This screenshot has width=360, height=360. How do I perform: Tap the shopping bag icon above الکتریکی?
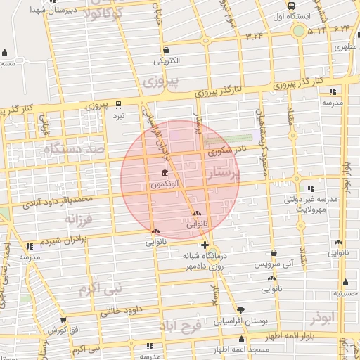coord(167,51)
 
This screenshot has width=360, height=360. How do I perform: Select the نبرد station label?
coord(119,115)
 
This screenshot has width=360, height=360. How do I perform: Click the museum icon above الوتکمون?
coord(164,174)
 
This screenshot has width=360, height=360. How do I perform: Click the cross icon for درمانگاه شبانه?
coord(205,245)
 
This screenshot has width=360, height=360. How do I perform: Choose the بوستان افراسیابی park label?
coord(241,321)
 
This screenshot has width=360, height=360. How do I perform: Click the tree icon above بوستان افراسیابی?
coord(241,309)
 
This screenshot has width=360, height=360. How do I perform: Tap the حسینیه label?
coord(342,292)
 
